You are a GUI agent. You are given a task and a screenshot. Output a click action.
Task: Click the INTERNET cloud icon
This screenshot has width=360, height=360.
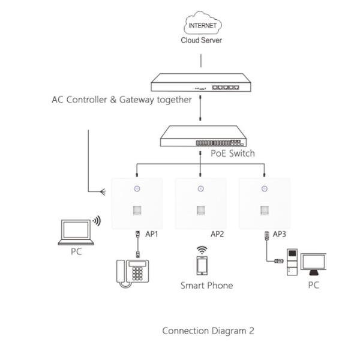(202, 26)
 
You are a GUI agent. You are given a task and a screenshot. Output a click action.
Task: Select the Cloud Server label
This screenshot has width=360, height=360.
(202, 41)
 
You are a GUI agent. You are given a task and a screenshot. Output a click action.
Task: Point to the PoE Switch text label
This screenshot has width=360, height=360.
(233, 154)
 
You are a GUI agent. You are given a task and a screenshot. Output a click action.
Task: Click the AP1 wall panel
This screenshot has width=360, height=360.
(137, 203)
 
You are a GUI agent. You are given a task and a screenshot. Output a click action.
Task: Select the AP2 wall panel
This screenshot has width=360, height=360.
(200, 203)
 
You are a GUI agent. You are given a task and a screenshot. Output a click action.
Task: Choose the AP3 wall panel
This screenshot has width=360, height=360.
(264, 203)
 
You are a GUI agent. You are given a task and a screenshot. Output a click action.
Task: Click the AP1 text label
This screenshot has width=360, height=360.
(152, 234)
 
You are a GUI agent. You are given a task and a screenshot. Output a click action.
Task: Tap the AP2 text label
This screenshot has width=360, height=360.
(217, 234)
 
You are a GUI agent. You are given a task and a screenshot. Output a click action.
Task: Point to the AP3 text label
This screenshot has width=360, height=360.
(280, 234)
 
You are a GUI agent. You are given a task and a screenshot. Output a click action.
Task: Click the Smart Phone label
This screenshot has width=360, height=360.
(206, 286)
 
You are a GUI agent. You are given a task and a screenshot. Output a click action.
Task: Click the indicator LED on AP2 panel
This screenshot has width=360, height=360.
(200, 189)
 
